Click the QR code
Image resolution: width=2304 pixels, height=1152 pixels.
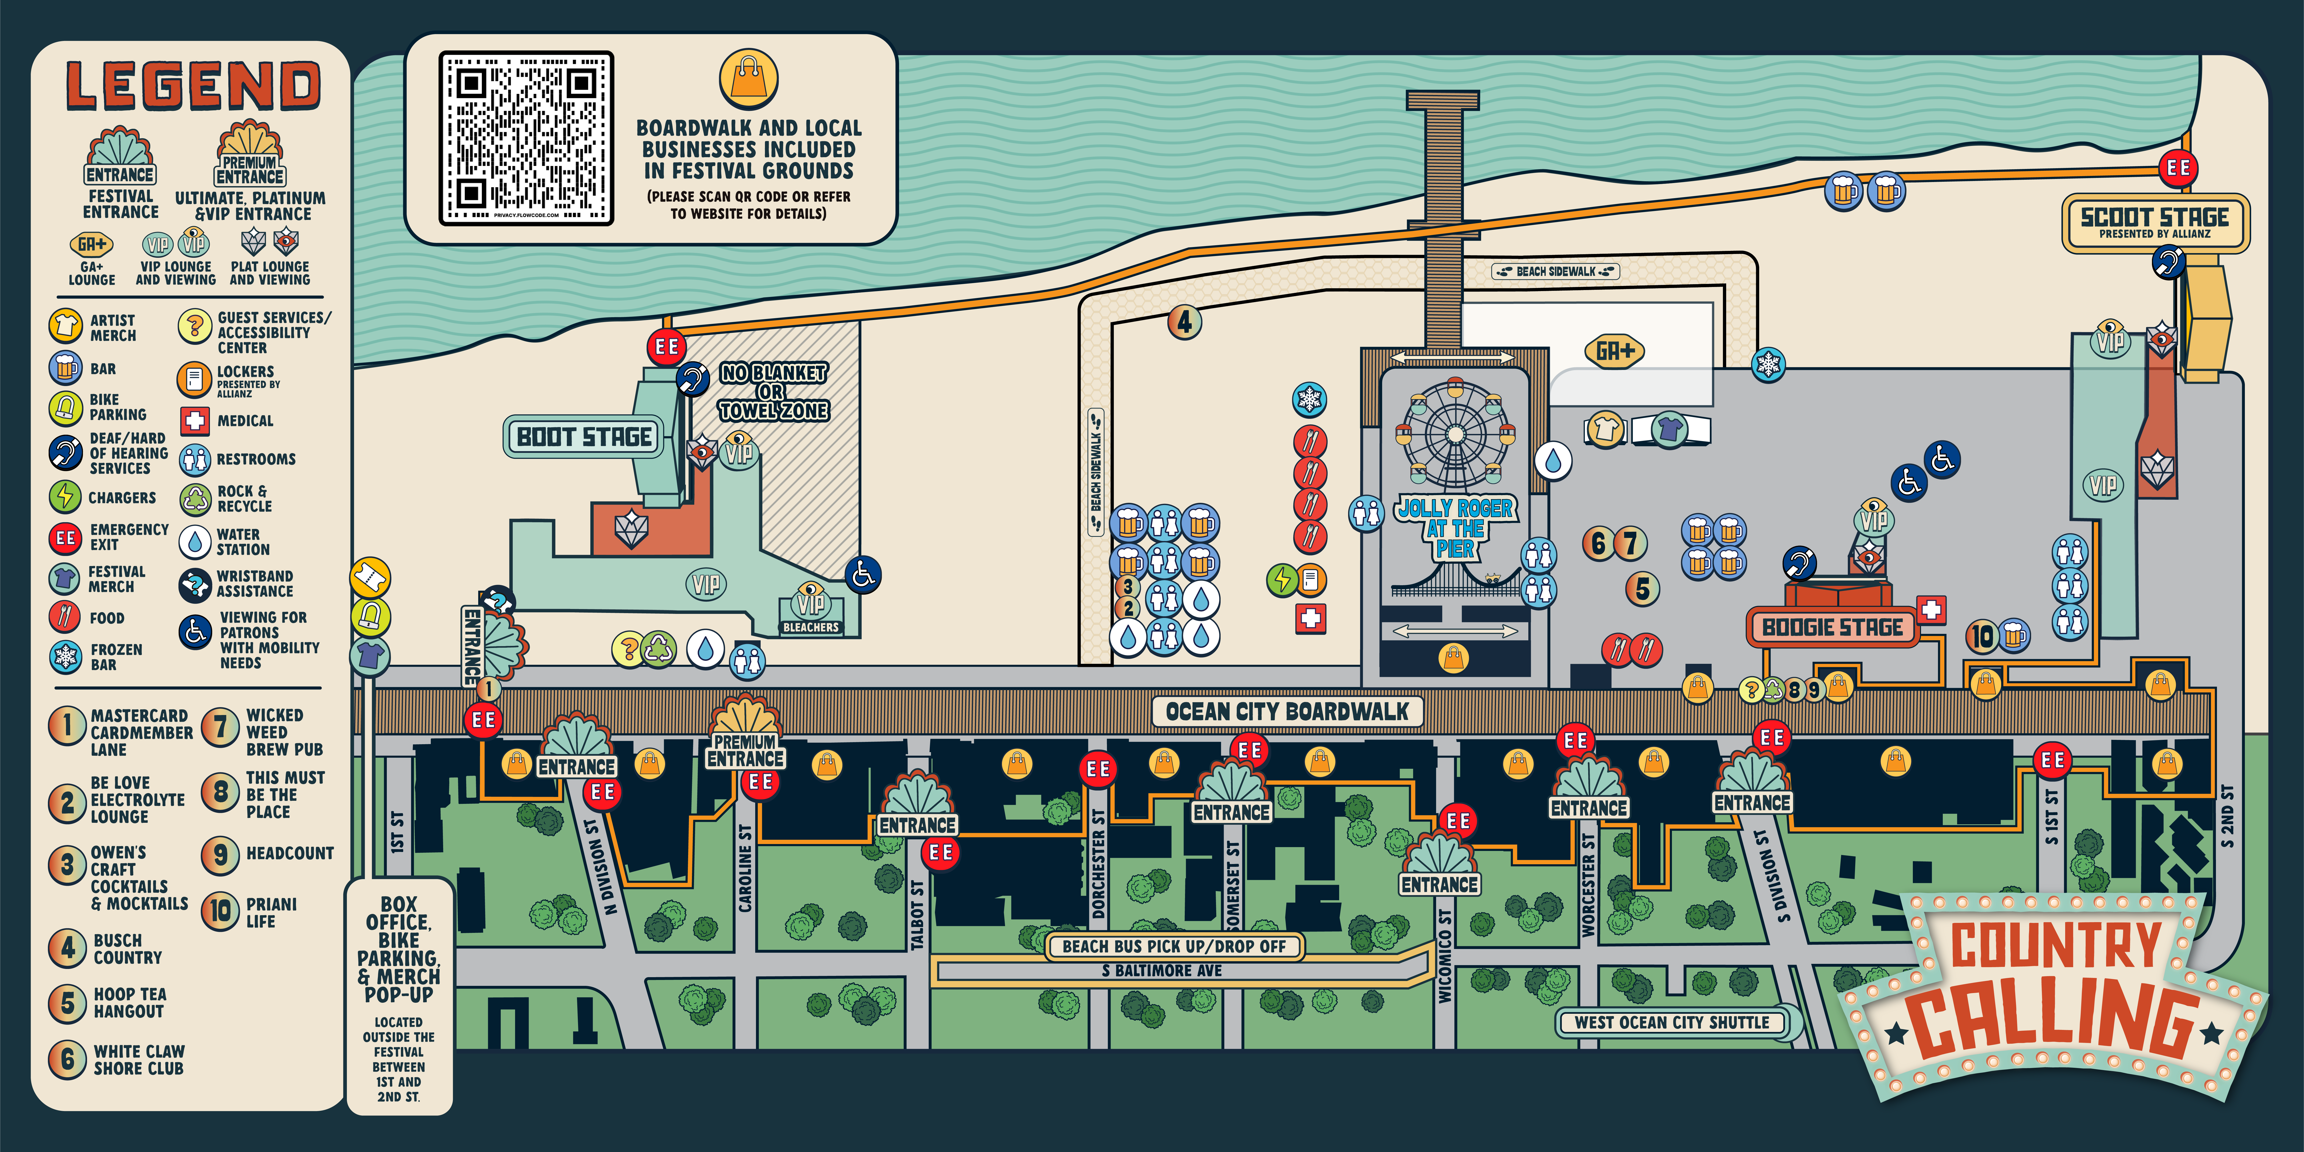[x=526, y=138]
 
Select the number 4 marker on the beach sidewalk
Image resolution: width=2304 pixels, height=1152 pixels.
[x=1184, y=322]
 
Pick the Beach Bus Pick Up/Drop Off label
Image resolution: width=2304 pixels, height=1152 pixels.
[x=1174, y=946]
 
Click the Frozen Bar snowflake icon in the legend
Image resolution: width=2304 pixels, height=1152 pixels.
[x=65, y=656]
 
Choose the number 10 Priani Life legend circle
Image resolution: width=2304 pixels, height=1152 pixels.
[x=220, y=911]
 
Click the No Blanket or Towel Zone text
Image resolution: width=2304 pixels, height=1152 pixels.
[x=774, y=392]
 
